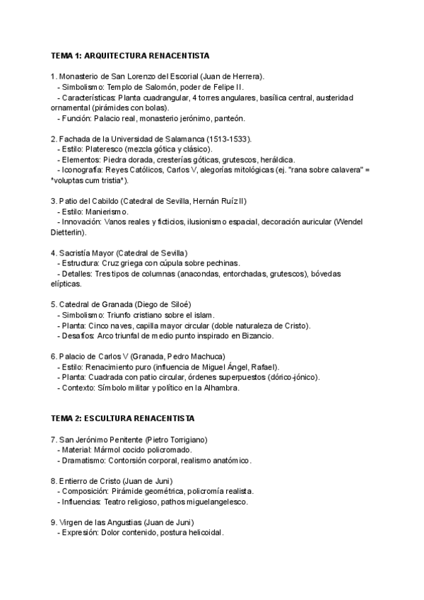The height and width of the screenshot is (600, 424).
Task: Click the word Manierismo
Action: [107, 212]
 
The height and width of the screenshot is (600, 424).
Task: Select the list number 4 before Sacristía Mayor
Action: [53, 253]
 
